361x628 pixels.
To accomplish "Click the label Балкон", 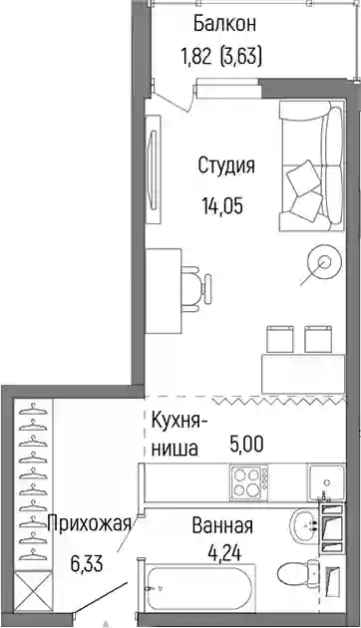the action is coord(224,25).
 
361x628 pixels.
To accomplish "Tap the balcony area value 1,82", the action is coord(196,57).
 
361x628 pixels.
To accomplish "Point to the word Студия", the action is coord(226,166).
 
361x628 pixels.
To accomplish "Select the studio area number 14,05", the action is coord(222,206).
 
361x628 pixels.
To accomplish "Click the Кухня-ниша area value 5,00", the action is coord(246,444).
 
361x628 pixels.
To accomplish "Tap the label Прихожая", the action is coord(90,523).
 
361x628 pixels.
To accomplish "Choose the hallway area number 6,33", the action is coord(87,563).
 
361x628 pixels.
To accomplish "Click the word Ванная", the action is coord(222,525).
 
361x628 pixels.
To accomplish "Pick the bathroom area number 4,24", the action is coord(224,553).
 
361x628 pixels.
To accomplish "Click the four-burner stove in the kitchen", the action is coord(249,482).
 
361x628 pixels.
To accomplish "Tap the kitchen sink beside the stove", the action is coord(326,482).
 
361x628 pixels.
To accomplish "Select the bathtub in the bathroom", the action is coord(200,588).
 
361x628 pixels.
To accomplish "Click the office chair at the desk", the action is coord(196,287).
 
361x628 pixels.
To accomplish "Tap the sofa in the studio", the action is coord(312,165).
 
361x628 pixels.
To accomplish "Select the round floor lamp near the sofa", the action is coord(324,262).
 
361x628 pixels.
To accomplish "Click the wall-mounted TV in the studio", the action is coord(153,169).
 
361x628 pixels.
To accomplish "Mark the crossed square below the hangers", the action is coord(33,592).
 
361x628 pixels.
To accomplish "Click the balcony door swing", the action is coord(174,100).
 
